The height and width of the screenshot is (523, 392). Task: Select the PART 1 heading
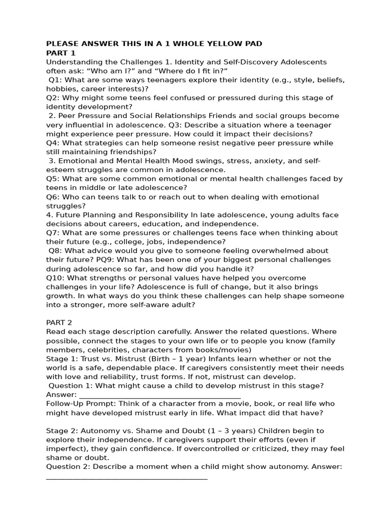(61, 53)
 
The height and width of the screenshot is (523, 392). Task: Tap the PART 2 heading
(59, 323)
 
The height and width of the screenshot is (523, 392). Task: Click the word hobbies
(62, 89)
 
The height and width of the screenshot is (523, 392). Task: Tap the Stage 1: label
(61, 359)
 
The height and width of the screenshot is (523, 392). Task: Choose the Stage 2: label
(61, 431)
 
